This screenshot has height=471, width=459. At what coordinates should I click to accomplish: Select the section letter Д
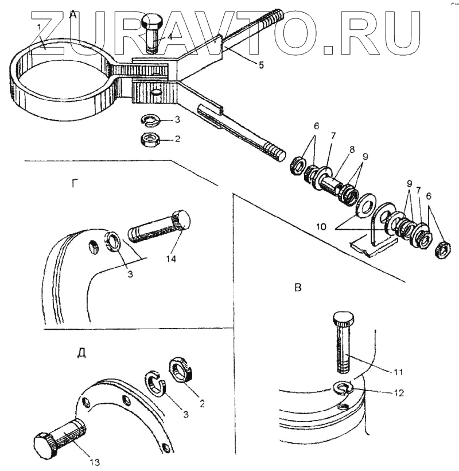(81, 352)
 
